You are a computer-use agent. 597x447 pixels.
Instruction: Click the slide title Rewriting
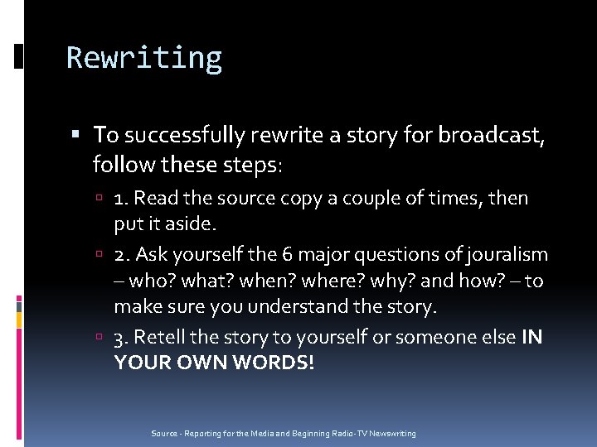(144, 58)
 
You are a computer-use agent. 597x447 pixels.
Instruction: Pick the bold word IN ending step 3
(531, 337)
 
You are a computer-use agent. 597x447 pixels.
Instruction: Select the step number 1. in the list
(121, 199)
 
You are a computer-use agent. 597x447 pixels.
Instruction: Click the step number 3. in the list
(121, 337)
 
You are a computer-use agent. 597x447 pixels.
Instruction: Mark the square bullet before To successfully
(77, 133)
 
